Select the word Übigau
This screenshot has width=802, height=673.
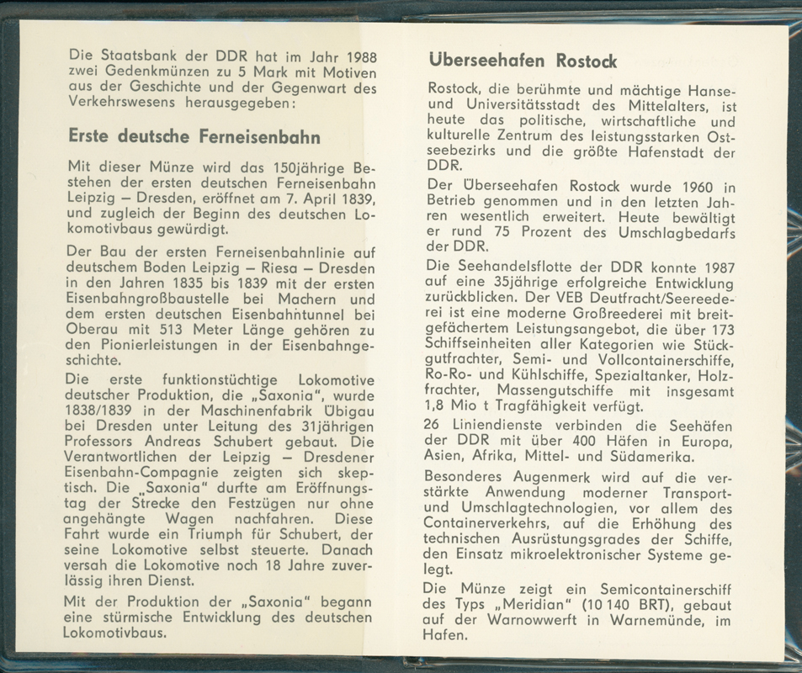(x=348, y=410)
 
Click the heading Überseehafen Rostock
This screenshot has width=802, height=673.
(x=523, y=61)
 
